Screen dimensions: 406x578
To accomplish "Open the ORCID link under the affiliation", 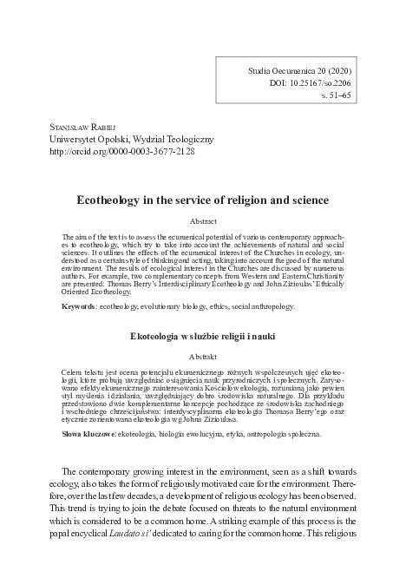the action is [122, 151].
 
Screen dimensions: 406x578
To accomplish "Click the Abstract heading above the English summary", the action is [203, 221].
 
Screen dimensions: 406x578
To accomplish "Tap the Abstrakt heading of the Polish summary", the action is [203, 355].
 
